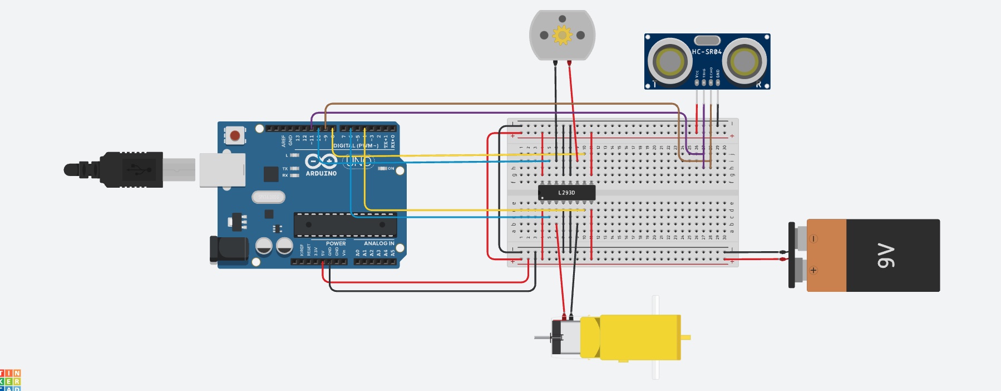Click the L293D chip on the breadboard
[566, 193]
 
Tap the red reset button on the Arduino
[235, 135]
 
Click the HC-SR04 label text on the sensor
[707, 52]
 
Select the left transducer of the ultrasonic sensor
[669, 60]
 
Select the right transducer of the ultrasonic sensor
[744, 60]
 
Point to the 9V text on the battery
[886, 256]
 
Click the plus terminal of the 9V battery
[813, 270]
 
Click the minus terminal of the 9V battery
[813, 239]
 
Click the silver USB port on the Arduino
[223, 169]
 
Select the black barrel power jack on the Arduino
[229, 249]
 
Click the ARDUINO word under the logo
[321, 174]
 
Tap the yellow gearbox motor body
[640, 337]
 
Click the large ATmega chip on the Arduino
[345, 225]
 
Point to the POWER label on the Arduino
[336, 243]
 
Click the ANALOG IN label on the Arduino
[379, 243]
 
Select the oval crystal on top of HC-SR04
[707, 40]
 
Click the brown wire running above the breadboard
[501, 104]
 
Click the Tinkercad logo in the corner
[10, 380]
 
